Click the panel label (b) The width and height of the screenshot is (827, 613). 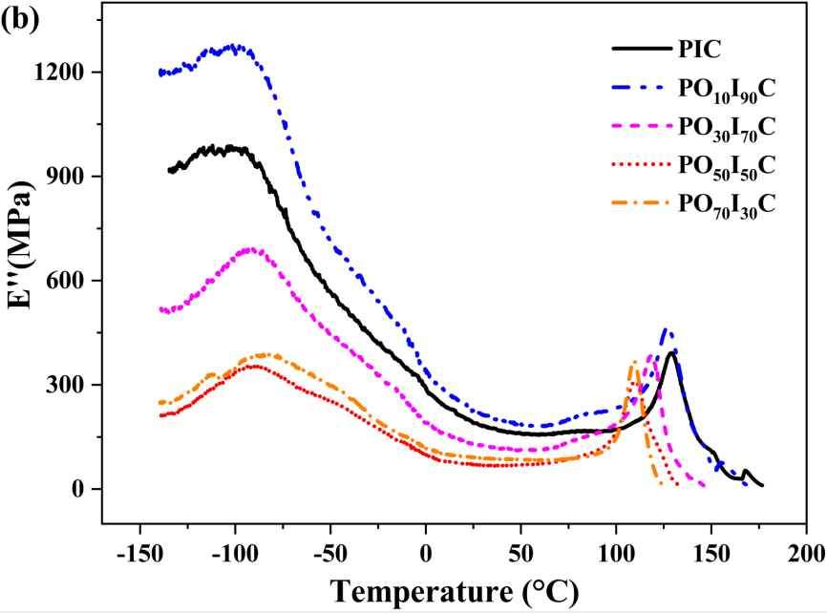[x=20, y=21]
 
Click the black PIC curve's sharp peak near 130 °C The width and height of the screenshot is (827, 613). [x=673, y=352]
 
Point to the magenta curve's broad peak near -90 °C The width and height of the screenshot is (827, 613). [x=251, y=249]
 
